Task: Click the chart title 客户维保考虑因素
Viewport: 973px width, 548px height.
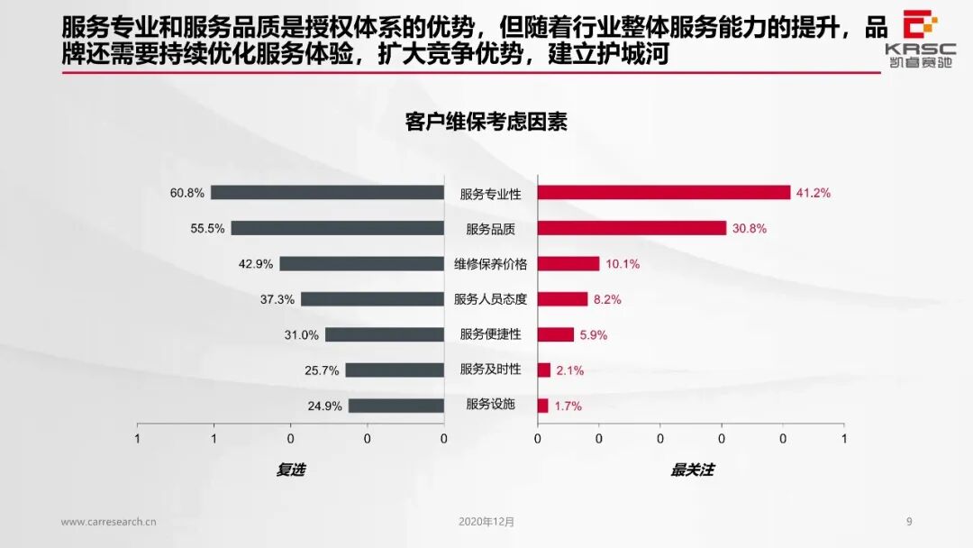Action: (x=486, y=123)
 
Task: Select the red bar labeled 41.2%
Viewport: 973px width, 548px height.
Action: (x=664, y=192)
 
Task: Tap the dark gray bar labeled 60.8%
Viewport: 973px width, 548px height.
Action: (x=327, y=192)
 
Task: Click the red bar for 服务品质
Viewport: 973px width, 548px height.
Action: (x=632, y=228)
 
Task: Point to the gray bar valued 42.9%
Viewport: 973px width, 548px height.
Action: (x=361, y=263)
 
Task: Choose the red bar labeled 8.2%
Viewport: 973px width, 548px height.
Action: (x=562, y=299)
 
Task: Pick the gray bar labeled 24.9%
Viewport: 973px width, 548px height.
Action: (x=396, y=406)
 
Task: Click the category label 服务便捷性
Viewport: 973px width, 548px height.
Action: (x=490, y=334)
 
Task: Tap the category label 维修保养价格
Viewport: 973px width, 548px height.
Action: (x=490, y=264)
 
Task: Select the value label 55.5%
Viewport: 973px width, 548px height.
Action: (x=207, y=228)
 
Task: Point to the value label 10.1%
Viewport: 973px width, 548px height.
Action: (x=623, y=264)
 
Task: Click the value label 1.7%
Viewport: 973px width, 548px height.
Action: (x=568, y=406)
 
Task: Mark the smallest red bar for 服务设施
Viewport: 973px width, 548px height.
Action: (x=542, y=406)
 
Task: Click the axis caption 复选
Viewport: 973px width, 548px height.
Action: (x=290, y=470)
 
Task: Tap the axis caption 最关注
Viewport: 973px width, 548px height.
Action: (x=692, y=470)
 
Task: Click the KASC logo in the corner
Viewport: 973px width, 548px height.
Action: (x=919, y=36)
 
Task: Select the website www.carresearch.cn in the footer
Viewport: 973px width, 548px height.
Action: (x=109, y=521)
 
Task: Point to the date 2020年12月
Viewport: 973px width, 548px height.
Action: (x=486, y=521)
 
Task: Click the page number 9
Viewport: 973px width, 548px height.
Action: (x=909, y=521)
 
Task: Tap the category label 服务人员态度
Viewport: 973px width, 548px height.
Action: (x=490, y=299)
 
